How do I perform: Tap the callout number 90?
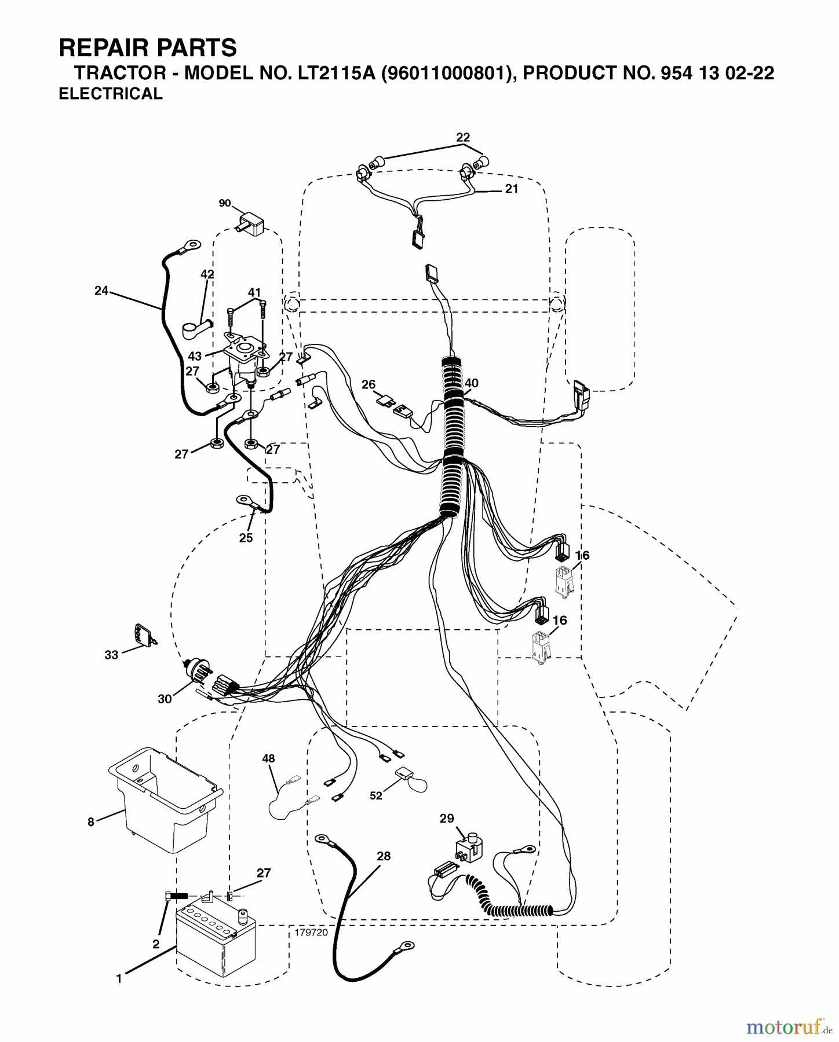click(x=224, y=203)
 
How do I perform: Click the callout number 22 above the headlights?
click(x=462, y=138)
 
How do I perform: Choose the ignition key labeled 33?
click(x=142, y=636)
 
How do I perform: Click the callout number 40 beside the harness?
click(x=472, y=383)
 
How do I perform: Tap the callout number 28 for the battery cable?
click(x=384, y=856)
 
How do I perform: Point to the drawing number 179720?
click(x=311, y=933)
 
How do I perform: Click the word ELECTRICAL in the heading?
click(x=111, y=94)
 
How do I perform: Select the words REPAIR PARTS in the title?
click(x=148, y=48)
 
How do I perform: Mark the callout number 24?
click(x=101, y=291)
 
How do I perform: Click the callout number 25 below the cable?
click(x=246, y=538)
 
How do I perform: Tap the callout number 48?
click(x=268, y=758)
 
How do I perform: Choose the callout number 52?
click(x=376, y=795)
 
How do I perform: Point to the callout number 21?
click(x=511, y=189)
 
